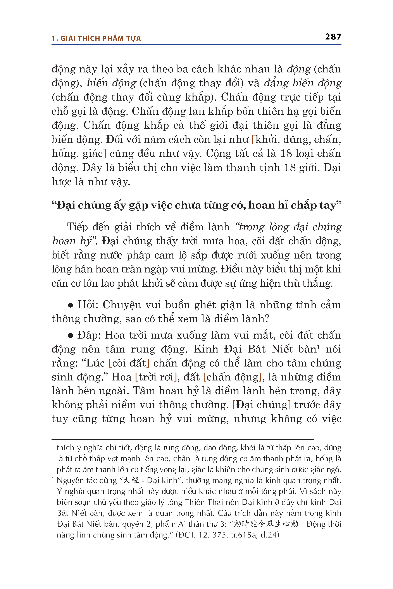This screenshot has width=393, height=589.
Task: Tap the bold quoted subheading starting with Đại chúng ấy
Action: pyautogui.click(x=196, y=205)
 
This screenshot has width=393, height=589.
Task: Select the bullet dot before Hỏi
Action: pyautogui.click(x=71, y=305)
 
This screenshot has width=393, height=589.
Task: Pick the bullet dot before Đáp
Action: pyautogui.click(x=71, y=336)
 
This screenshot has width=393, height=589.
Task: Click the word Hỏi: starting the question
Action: pyautogui.click(x=88, y=305)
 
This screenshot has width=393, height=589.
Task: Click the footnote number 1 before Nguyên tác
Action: pyautogui.click(x=53, y=479)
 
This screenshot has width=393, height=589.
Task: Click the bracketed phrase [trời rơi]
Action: pyautogui.click(x=156, y=377)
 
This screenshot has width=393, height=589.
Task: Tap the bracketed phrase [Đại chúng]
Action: pyautogui.click(x=261, y=405)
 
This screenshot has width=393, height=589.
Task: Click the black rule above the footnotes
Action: pyautogui.click(x=183, y=439)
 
